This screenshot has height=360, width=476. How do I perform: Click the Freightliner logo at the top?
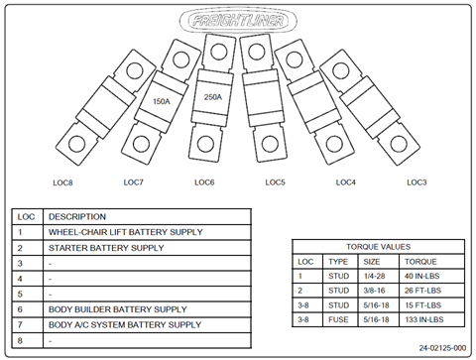[x=238, y=21]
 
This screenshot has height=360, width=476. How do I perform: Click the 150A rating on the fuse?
[x=162, y=101]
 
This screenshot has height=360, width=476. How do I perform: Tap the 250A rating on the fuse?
[x=213, y=97]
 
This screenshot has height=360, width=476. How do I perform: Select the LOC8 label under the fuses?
[x=62, y=182]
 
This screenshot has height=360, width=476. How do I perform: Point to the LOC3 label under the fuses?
[x=416, y=182]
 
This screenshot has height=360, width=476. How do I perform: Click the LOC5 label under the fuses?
[x=275, y=182]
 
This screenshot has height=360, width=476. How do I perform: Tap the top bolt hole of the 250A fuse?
[x=218, y=52]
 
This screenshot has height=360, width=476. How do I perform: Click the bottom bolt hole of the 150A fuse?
[x=142, y=144]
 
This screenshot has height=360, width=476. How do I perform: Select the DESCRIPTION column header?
[x=77, y=217]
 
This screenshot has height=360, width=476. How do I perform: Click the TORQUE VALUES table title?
[x=379, y=247]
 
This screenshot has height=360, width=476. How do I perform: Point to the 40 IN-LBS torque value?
[x=421, y=276]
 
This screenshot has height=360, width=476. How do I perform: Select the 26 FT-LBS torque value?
[x=422, y=291]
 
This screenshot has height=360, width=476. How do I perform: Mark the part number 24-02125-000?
[x=442, y=348]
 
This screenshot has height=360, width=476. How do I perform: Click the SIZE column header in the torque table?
[x=372, y=262]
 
